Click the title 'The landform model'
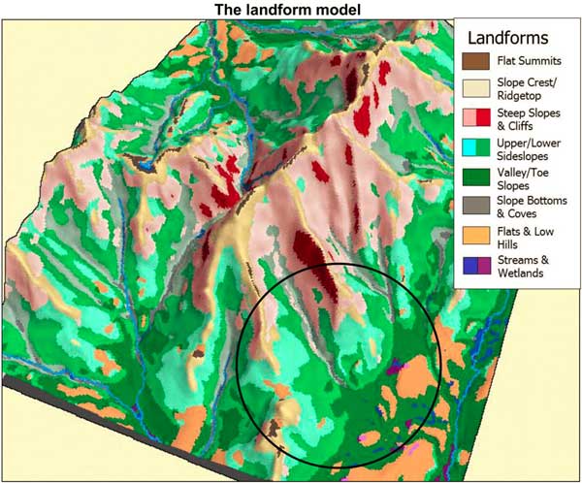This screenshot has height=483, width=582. pyautogui.click(x=290, y=10)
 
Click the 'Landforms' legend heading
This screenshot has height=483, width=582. pyautogui.click(x=507, y=38)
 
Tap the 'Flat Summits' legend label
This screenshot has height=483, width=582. pyautogui.click(x=525, y=62)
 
